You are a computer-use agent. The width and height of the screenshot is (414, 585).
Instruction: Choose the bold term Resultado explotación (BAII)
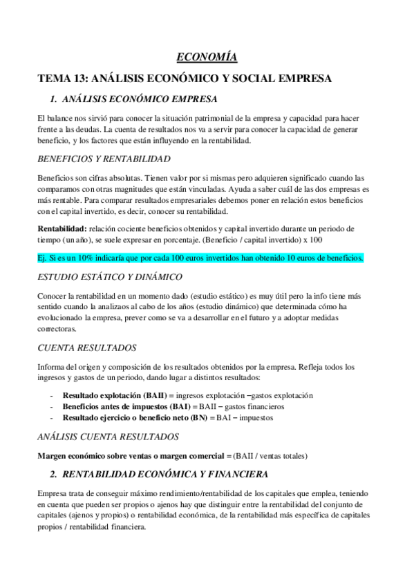(x=114, y=395)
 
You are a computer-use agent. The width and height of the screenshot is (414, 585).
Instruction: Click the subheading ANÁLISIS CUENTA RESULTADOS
(x=109, y=437)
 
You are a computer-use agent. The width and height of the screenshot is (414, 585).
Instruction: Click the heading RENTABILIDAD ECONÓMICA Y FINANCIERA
(x=160, y=475)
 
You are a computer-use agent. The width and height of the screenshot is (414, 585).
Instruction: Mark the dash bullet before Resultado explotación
(x=53, y=396)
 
